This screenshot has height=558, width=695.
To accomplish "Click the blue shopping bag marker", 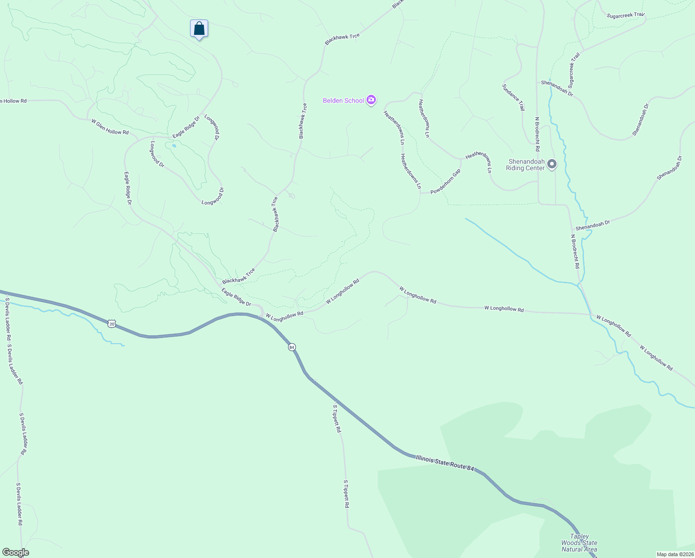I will (x=199, y=29).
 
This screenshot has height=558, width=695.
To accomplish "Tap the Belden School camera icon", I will (x=371, y=100).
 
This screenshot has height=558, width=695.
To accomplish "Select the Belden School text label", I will (x=344, y=100).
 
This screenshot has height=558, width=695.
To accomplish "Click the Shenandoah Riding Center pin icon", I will (x=552, y=164).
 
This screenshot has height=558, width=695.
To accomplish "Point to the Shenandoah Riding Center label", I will (x=525, y=165).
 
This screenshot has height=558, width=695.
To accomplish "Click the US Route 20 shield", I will (x=111, y=323).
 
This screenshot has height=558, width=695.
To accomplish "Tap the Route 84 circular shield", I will (x=292, y=347).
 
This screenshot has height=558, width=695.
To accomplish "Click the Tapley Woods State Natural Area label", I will (x=579, y=543).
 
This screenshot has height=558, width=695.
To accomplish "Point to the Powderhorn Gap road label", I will (x=446, y=182).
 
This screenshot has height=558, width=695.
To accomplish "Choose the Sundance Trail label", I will (x=513, y=97).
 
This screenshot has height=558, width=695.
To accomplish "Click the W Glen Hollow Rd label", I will (x=110, y=126).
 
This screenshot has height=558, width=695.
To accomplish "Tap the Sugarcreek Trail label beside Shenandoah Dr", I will (x=574, y=70).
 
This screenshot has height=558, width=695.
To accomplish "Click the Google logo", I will (x=15, y=552).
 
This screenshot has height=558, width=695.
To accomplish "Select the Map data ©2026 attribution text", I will (x=675, y=554).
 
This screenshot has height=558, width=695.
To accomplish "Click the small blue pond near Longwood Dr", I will (x=174, y=146).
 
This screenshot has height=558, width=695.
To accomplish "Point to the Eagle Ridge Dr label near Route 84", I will (x=236, y=297).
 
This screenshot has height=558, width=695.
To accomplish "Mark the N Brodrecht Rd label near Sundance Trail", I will (x=538, y=134).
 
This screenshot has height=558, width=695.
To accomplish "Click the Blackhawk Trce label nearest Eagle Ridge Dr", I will (x=238, y=276).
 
